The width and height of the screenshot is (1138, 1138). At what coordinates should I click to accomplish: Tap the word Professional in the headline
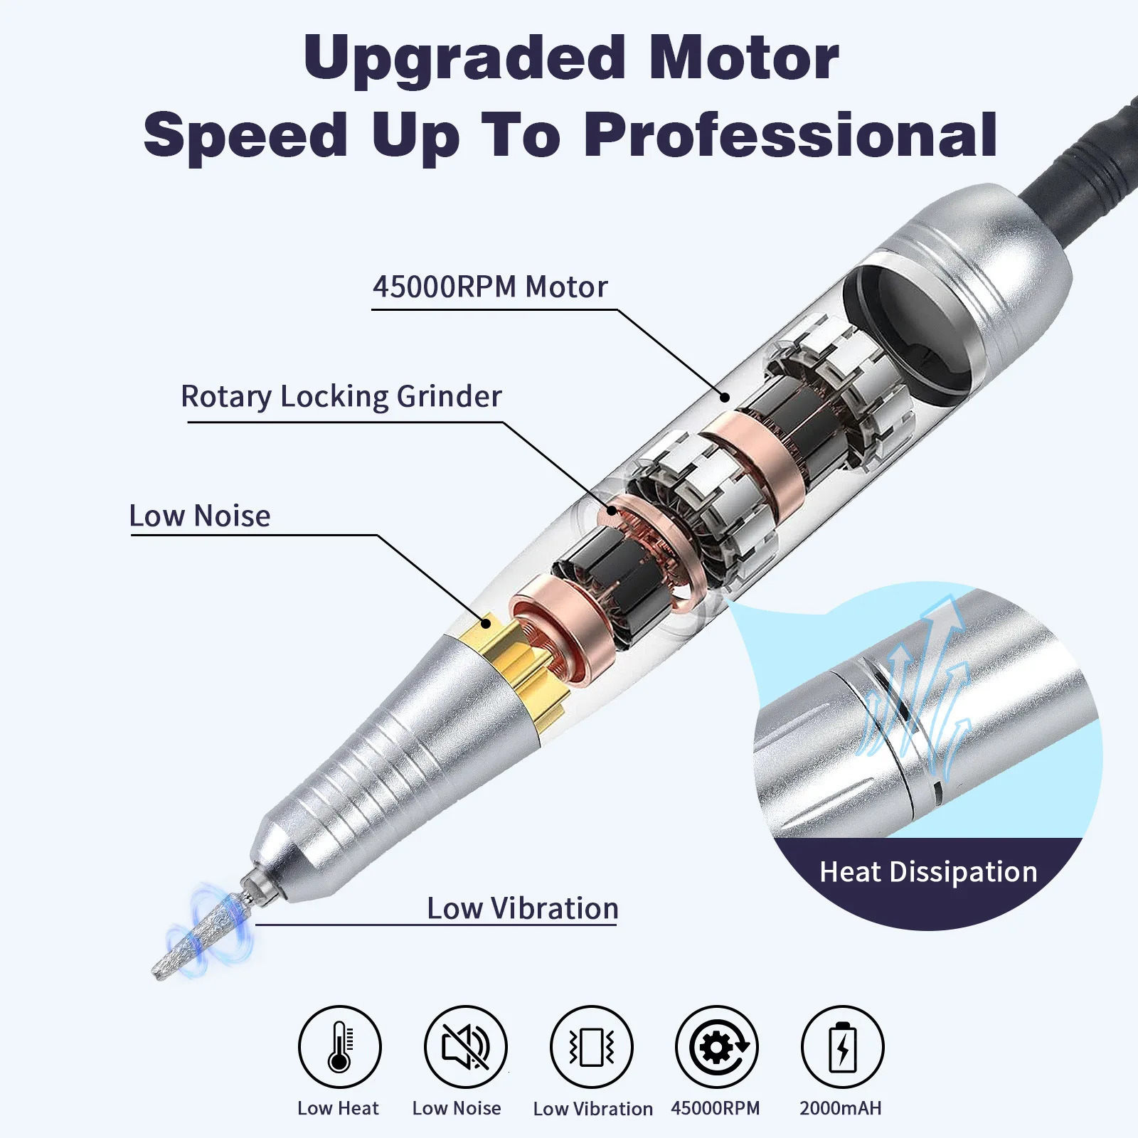pos(790,135)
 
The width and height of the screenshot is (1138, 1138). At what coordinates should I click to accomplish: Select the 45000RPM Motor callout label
pos(490,287)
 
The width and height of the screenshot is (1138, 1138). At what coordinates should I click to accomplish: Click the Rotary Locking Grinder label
pos(341,397)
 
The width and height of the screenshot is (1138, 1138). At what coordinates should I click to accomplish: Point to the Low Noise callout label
pos(200,516)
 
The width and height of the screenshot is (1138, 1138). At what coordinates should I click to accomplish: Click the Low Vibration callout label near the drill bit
pos(523,909)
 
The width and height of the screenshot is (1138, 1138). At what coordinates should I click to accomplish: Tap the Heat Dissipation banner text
pos(928,872)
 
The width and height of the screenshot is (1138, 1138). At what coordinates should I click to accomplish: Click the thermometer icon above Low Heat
pos(339,1047)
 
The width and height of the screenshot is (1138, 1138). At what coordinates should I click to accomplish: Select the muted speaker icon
pos(465,1047)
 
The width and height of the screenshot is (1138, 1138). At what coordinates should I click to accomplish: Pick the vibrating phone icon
pos(591,1047)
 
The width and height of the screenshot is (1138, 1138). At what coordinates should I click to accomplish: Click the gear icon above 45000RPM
pos(717,1047)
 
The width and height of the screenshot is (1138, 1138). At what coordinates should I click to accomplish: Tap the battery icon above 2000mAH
pos(842,1047)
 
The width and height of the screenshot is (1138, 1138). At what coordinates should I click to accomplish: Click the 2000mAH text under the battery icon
pos(840,1108)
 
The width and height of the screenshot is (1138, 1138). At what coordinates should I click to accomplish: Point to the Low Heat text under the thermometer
pos(338,1108)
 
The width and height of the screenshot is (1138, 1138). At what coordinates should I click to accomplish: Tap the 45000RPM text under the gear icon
pos(715,1108)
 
